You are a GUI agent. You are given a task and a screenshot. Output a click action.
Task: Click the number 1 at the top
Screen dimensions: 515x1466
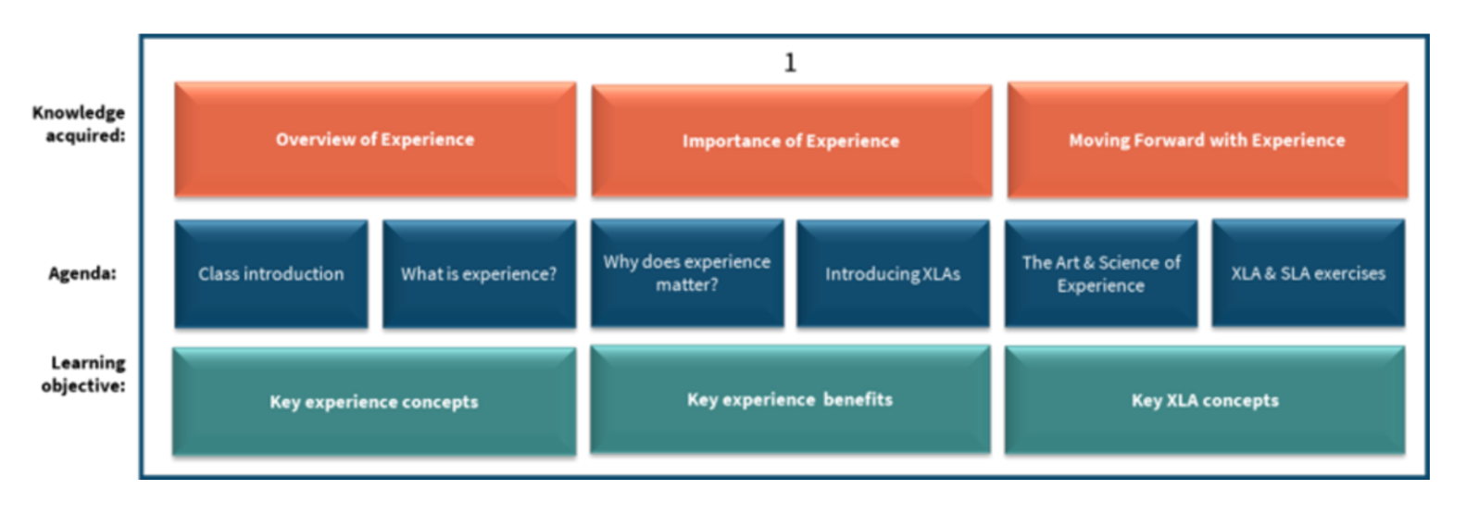click(789, 63)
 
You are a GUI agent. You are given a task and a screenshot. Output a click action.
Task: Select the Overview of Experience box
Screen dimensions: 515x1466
click(375, 140)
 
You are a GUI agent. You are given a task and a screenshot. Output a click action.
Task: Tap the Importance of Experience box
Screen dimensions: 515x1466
click(791, 141)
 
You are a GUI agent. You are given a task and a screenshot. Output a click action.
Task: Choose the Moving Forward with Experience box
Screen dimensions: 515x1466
click(1207, 140)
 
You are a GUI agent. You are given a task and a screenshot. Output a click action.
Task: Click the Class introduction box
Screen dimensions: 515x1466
click(270, 274)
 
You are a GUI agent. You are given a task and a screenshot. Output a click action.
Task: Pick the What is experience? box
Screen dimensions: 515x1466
click(479, 274)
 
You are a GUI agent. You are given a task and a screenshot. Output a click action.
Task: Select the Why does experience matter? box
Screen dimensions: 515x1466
click(687, 273)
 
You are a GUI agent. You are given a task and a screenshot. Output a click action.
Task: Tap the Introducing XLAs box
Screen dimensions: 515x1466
click(893, 274)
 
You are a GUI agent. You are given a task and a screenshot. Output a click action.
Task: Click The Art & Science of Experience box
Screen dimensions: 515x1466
click(1101, 274)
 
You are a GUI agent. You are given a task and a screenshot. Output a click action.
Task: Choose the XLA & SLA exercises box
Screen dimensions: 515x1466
click(1308, 274)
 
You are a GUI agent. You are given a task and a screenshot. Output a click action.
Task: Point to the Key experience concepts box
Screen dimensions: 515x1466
click(374, 402)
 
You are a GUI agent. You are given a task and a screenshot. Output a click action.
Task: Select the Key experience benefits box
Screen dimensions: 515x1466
click(790, 400)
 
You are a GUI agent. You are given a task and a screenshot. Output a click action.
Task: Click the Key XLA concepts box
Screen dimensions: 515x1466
click(1205, 401)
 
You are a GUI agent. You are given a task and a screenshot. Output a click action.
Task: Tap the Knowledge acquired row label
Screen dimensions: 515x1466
click(80, 124)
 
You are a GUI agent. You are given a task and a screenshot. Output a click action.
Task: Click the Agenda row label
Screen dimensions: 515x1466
click(82, 274)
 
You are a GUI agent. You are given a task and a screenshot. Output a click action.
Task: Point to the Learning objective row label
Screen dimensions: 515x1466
click(84, 374)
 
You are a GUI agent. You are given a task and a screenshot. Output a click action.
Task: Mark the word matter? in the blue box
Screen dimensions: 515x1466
click(687, 285)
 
